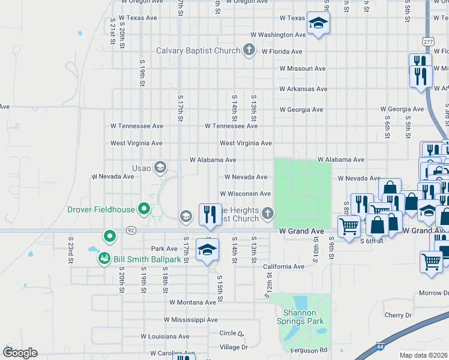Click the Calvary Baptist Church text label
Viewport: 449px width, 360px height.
tap(198, 51)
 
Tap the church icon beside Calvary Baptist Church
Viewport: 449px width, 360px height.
tap(250, 50)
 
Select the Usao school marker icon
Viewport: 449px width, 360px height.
tap(160, 167)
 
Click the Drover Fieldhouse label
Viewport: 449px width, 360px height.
tap(101, 209)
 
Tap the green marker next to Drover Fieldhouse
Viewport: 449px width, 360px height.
tap(143, 209)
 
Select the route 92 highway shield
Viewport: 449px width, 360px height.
tap(130, 230)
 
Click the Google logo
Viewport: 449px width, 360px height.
tap(20, 353)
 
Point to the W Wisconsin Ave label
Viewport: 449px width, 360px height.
tap(245, 194)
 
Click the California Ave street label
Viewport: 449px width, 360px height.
tap(283, 266)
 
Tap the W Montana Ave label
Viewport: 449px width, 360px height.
tap(193, 303)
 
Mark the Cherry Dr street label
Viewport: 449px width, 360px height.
tap(399, 315)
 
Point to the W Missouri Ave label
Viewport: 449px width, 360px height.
tap(303, 68)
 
